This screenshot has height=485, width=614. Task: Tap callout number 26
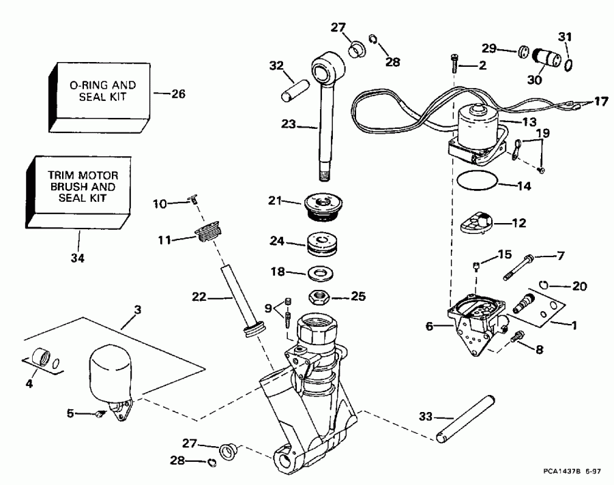[177, 93]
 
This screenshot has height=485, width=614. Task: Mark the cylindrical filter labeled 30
[547, 57]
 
